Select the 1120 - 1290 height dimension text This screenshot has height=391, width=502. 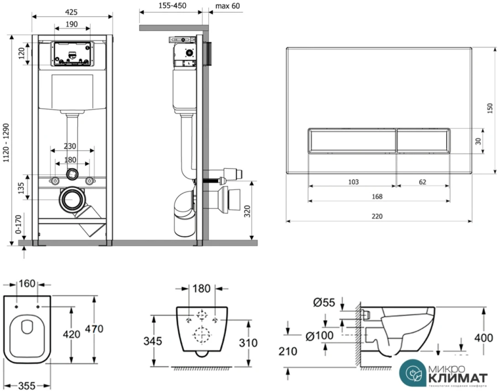pos(7,142)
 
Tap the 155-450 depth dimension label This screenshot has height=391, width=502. pos(169,6)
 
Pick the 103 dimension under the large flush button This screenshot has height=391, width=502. pos(353,182)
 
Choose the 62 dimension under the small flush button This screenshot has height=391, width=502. pos(423,182)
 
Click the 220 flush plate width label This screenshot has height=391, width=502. pos(377,216)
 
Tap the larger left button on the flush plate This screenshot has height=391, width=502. pos(350,140)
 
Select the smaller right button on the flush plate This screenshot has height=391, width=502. pos(423,140)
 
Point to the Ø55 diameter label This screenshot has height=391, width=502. pos(324,302)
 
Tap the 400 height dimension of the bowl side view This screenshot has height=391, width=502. pos(483,338)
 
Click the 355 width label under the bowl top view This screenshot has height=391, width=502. pos(27,386)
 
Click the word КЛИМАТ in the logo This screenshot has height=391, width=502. pos(457,378)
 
